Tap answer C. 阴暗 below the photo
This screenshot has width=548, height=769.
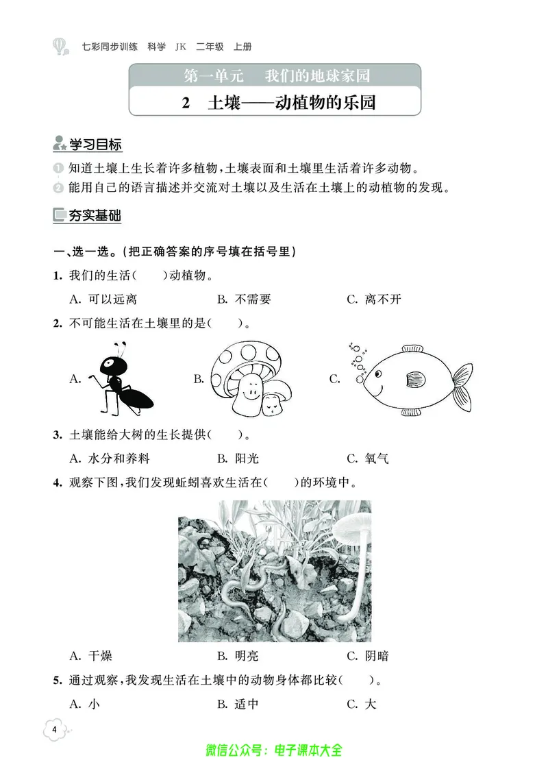[368, 656]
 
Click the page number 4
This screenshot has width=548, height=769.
[54, 729]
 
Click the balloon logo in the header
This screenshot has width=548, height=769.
[60, 47]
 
